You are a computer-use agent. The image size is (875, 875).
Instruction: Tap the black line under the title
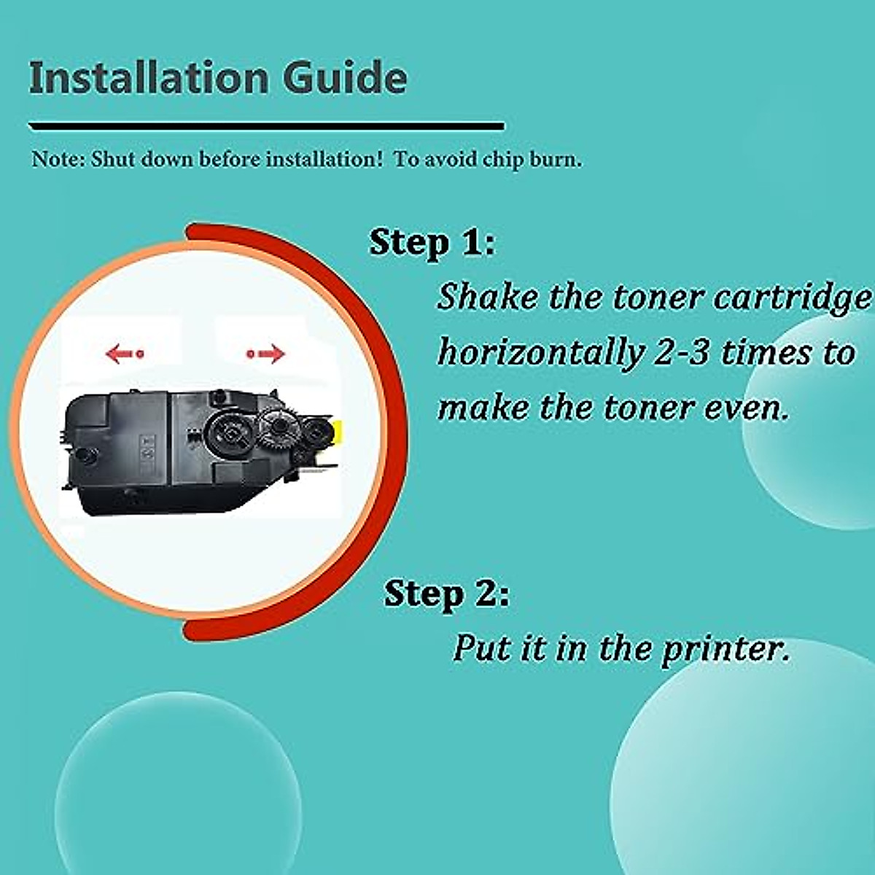click(x=266, y=127)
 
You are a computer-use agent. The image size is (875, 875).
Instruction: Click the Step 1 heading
click(x=431, y=242)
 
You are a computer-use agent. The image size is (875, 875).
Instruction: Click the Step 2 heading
click(x=446, y=594)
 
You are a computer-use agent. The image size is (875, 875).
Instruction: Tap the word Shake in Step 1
click(x=487, y=297)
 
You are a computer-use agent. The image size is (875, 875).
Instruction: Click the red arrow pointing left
click(x=124, y=354)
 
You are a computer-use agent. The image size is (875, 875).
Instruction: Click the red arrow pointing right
click(x=266, y=354)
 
